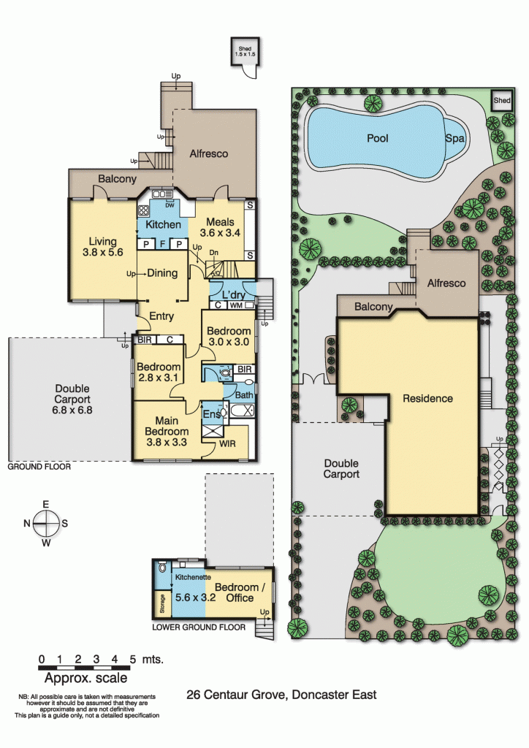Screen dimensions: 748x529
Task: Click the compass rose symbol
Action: click(x=45, y=522)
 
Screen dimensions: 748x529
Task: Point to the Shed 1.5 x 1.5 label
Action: click(x=243, y=51)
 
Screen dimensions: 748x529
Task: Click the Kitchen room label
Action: click(x=162, y=224)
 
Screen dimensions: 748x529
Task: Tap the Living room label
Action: click(x=103, y=248)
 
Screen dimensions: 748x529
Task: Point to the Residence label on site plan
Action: click(x=427, y=399)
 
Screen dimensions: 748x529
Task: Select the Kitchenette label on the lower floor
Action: click(x=192, y=577)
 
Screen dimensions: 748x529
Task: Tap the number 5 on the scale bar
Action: click(x=133, y=659)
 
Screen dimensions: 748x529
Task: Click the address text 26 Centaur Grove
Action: click(x=281, y=695)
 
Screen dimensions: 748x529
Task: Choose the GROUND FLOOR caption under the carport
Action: click(x=39, y=465)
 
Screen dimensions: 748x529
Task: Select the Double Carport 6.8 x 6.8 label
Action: click(x=72, y=400)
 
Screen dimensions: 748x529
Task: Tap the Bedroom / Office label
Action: click(x=236, y=592)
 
